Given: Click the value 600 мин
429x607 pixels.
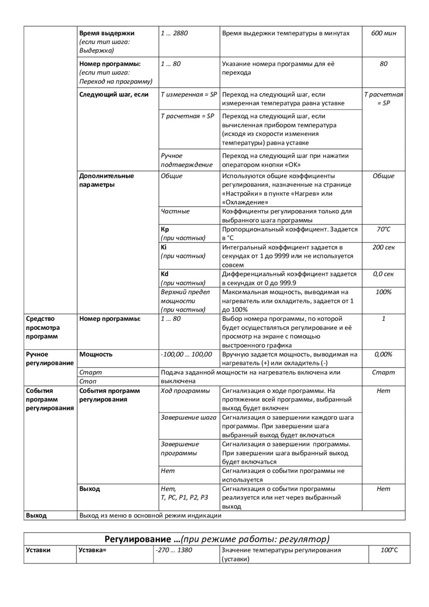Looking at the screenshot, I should tap(383, 33).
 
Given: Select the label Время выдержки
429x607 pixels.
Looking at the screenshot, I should tap(107, 33).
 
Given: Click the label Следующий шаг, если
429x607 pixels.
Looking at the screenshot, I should tap(114, 94).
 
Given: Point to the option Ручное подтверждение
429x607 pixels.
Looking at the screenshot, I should tap(186, 160).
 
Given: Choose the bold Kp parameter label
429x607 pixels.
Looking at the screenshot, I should tap(165, 229).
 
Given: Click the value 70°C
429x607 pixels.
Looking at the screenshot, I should tap(383, 229).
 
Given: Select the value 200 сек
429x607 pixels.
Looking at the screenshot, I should tap(383, 247).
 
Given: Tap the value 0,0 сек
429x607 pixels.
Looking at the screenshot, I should tap(383, 274).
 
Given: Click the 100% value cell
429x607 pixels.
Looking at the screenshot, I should tap(383, 292).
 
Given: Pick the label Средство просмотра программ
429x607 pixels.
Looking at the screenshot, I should tap(43, 327).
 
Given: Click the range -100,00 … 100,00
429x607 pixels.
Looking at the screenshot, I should tap(186, 354).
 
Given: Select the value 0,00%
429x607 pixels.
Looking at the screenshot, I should tap(383, 354).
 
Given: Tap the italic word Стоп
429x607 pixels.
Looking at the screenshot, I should tap(88, 382).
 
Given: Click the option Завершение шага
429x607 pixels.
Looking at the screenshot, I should tap(188, 417).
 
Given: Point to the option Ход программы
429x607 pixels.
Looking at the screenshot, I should tap(185, 391).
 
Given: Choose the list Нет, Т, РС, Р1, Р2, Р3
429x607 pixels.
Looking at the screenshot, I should tap(184, 493).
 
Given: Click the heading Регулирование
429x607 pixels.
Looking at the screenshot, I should tap(142, 539).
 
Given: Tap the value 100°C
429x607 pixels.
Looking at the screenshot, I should tap(389, 550).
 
